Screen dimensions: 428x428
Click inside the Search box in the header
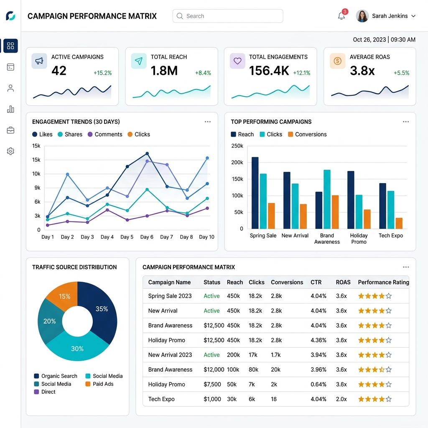(228, 16)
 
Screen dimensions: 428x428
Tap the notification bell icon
(341, 16)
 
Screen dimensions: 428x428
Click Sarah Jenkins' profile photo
(362, 16)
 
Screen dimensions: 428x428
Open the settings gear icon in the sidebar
(10, 151)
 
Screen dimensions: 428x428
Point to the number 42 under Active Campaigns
(59, 71)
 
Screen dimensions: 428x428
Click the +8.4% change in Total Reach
(203, 73)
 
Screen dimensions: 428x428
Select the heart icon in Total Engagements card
(237, 61)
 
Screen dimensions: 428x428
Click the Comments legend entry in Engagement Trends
(105, 134)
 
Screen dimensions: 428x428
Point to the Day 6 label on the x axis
(147, 237)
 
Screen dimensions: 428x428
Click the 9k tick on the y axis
(37, 188)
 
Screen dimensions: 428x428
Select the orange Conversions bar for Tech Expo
(399, 223)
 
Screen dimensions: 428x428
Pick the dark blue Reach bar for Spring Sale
(255, 193)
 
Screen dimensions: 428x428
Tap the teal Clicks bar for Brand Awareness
(327, 199)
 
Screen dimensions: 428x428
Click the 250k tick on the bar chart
(237, 146)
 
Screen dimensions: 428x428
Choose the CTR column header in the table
(316, 282)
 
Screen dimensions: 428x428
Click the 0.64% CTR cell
(318, 385)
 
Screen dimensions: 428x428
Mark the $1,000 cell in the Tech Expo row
(212, 399)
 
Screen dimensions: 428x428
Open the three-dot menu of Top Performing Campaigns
(406, 122)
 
